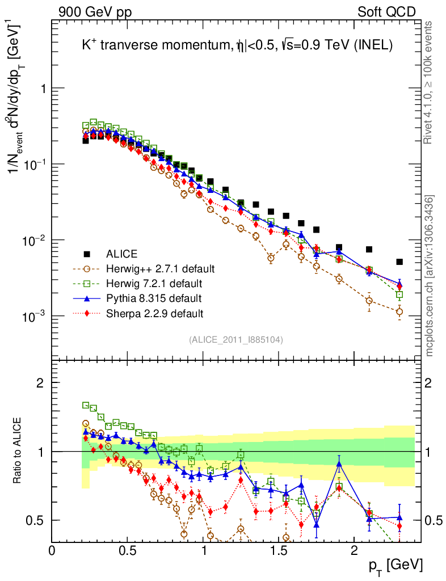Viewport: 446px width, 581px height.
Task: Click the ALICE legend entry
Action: [x=123, y=254]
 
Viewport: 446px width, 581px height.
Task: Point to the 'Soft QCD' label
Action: [x=386, y=12]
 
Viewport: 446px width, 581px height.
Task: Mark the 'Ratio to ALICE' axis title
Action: [x=18, y=451]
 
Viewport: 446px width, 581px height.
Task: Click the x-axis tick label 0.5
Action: [x=128, y=550]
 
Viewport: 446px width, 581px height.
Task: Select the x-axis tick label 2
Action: [x=354, y=550]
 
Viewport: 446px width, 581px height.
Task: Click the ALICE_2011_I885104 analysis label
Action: [x=236, y=339]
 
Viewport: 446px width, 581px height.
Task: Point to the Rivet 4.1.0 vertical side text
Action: [x=430, y=82]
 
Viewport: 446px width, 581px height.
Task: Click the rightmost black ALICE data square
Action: [x=399, y=262]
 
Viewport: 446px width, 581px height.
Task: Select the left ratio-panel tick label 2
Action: [x=40, y=383]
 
